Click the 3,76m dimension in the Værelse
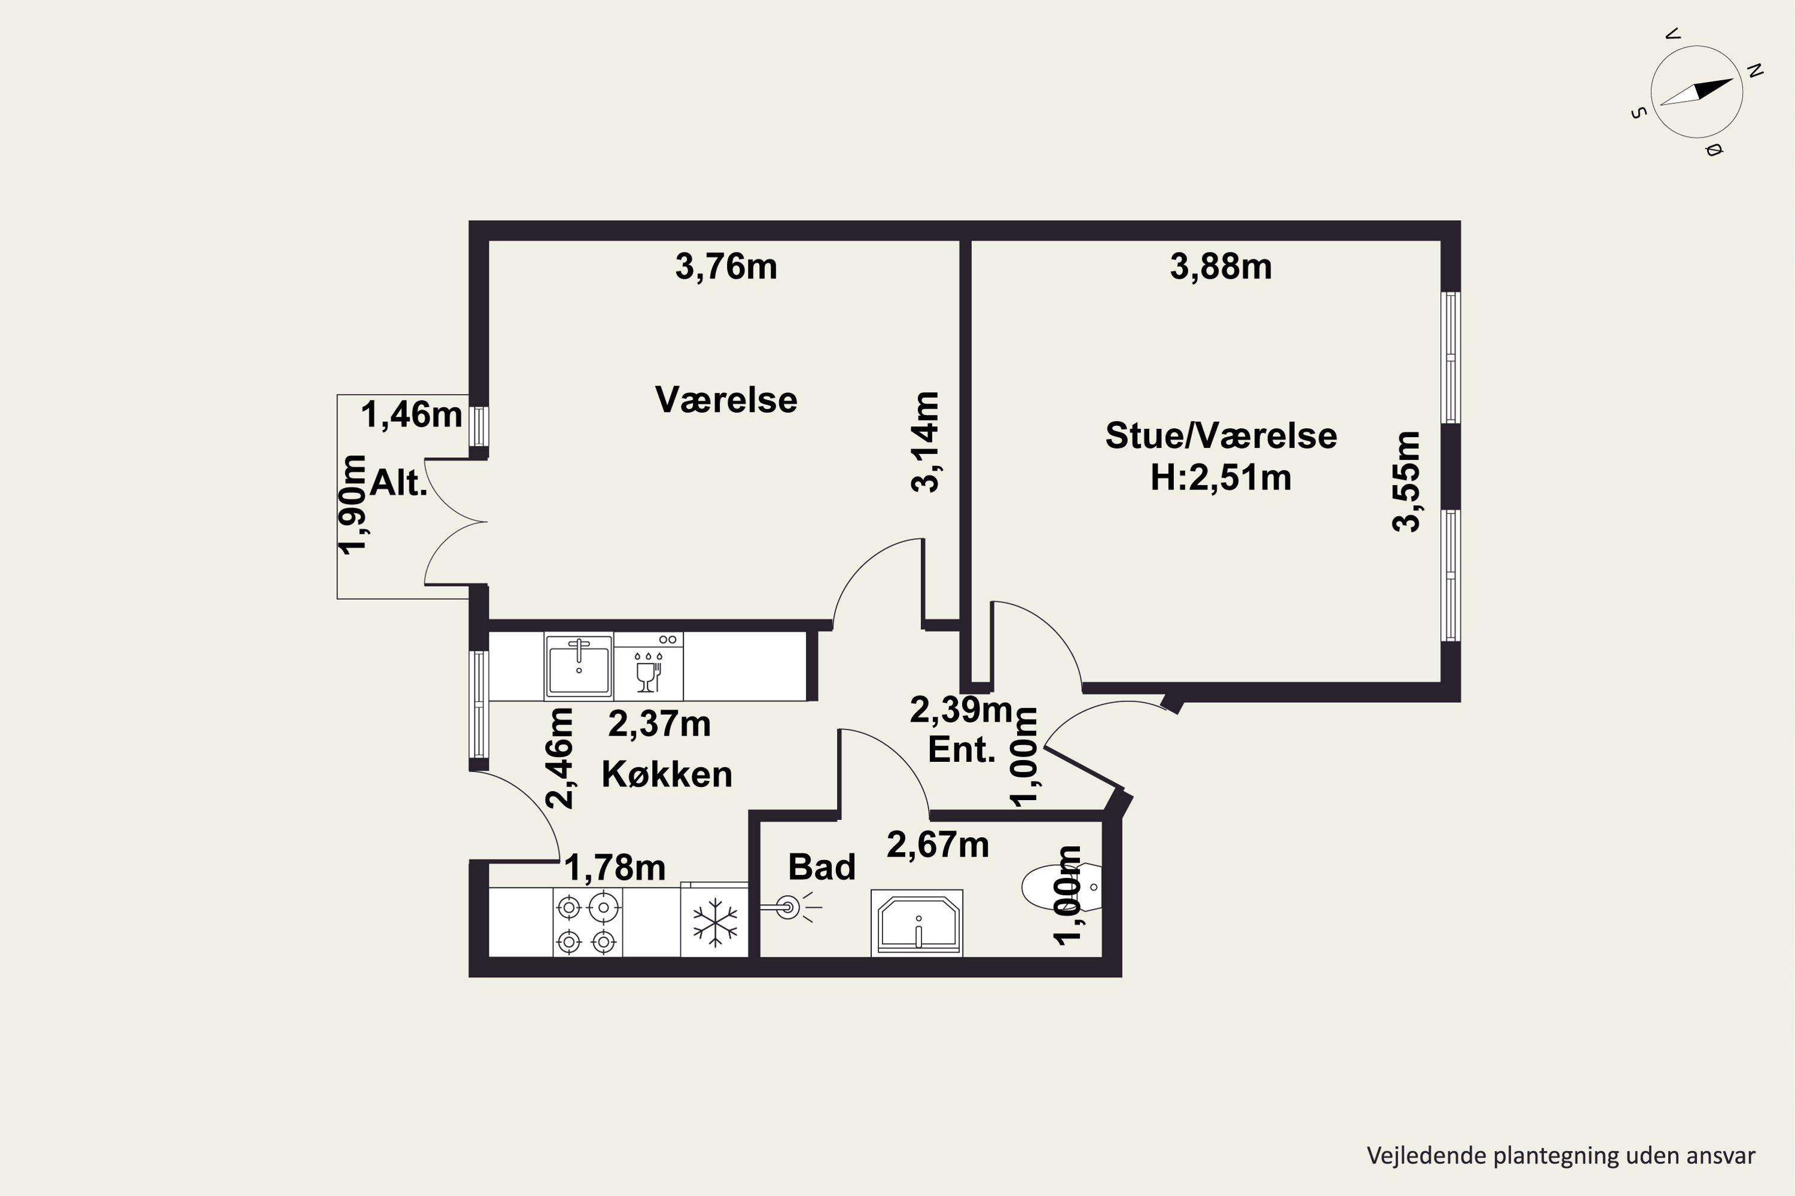pyautogui.click(x=726, y=267)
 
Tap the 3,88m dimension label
pyautogui.click(x=1221, y=267)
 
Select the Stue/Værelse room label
pyautogui.click(x=1221, y=435)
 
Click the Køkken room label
pyautogui.click(x=667, y=774)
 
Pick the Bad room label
pyautogui.click(x=822, y=867)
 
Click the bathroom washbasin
pyautogui.click(x=917, y=922)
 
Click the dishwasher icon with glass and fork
pyautogui.click(x=648, y=666)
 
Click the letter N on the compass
pyautogui.click(x=1754, y=71)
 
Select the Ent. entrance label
pyautogui.click(x=962, y=750)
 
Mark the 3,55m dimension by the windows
pyautogui.click(x=1407, y=481)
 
